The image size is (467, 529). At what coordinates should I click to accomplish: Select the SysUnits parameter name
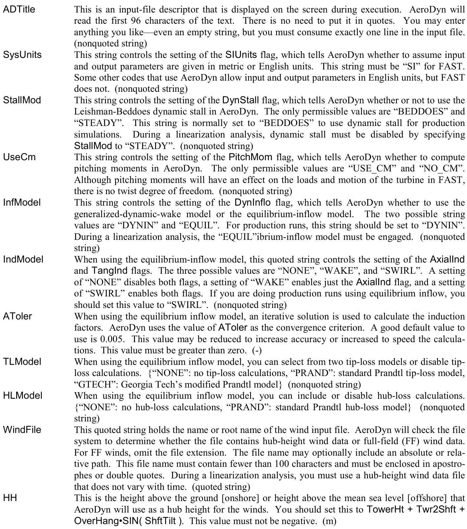point(22,54)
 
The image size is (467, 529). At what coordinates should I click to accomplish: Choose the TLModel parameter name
point(22,362)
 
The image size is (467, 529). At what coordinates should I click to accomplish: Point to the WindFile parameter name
point(22,430)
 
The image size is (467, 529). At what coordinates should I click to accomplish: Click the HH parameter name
point(10,498)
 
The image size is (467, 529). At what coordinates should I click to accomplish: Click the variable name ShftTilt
point(160,521)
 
